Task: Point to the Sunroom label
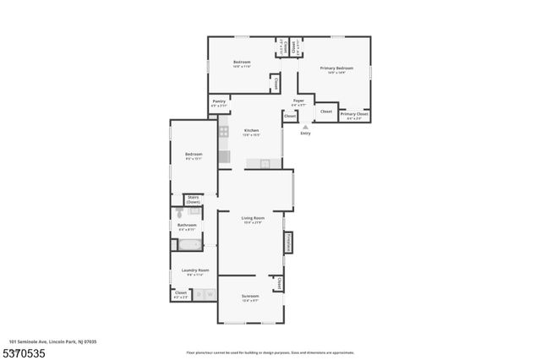pyautogui.click(x=250, y=297)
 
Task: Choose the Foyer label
pyautogui.click(x=298, y=101)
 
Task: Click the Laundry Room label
pyautogui.click(x=194, y=271)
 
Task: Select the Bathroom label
pyautogui.click(x=187, y=226)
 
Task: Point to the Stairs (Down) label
pyautogui.click(x=194, y=200)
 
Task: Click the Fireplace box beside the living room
pyautogui.click(x=288, y=243)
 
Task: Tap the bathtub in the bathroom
pyautogui.click(x=189, y=245)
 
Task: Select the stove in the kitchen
pyautogui.click(x=224, y=131)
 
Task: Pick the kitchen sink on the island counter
pyautogui.click(x=264, y=163)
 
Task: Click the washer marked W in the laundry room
pyautogui.click(x=210, y=295)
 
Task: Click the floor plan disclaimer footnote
pyautogui.click(x=270, y=352)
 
